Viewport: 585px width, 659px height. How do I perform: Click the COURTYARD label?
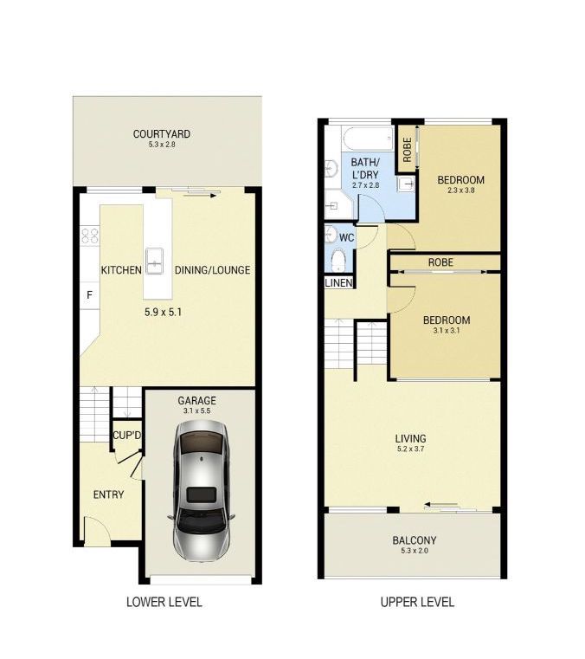pyautogui.click(x=162, y=134)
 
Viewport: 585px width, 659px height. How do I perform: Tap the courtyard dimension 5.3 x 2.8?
pyautogui.click(x=162, y=145)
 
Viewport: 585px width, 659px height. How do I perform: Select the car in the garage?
pyautogui.click(x=201, y=491)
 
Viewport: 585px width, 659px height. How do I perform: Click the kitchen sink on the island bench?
pyautogui.click(x=155, y=261)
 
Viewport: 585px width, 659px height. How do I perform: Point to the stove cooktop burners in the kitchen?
pyautogui.click(x=90, y=236)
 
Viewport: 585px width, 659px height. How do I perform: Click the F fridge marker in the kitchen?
pyautogui.click(x=89, y=295)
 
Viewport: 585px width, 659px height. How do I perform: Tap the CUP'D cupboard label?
pyautogui.click(x=127, y=436)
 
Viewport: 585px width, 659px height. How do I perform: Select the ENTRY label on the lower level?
pyautogui.click(x=108, y=494)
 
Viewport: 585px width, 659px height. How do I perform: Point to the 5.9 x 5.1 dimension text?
pyautogui.click(x=163, y=313)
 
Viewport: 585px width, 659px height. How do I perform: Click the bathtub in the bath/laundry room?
pyautogui.click(x=368, y=139)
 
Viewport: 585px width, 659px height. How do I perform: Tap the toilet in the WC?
pyautogui.click(x=338, y=261)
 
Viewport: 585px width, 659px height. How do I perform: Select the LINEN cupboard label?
pyautogui.click(x=339, y=283)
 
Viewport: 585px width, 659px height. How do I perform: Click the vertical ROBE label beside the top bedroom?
pyautogui.click(x=407, y=150)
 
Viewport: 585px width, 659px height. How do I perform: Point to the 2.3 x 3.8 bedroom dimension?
pyautogui.click(x=460, y=191)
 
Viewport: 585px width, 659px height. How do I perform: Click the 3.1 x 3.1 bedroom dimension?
pyautogui.click(x=446, y=331)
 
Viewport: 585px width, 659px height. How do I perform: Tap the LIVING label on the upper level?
pyautogui.click(x=410, y=439)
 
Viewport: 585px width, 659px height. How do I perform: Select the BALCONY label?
pyautogui.click(x=414, y=540)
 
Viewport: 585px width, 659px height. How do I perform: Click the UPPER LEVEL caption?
pyautogui.click(x=417, y=602)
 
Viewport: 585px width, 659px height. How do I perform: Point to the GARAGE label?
pyautogui.click(x=196, y=401)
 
